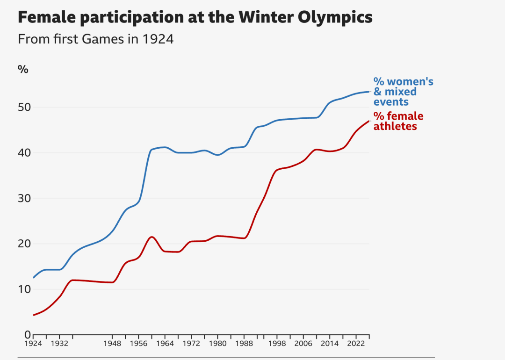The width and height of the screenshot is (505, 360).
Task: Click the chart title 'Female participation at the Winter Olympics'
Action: (195, 18)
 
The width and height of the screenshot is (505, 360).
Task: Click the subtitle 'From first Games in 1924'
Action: (95, 39)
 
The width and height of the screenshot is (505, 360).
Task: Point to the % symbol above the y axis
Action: (23, 70)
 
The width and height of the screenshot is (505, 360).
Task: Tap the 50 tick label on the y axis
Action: (24, 108)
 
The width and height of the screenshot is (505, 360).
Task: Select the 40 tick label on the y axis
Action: (24, 153)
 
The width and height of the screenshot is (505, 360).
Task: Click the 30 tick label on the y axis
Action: (24, 198)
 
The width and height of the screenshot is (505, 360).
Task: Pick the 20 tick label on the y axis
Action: (24, 244)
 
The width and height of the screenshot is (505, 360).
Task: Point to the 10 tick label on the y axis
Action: (24, 289)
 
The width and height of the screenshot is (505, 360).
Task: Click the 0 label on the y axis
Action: (27, 335)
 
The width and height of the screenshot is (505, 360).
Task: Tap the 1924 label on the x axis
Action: (34, 344)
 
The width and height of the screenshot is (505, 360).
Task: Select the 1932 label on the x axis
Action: (60, 344)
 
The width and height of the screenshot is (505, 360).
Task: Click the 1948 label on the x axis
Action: (112, 344)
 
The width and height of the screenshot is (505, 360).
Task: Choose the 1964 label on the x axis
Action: (165, 344)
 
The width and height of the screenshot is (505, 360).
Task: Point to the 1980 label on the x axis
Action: (217, 344)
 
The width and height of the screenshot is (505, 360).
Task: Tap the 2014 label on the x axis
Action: (329, 344)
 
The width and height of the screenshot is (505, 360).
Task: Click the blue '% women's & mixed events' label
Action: (403, 92)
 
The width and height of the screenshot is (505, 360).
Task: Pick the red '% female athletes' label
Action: (398, 121)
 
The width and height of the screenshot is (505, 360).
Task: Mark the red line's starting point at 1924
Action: (34, 315)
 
